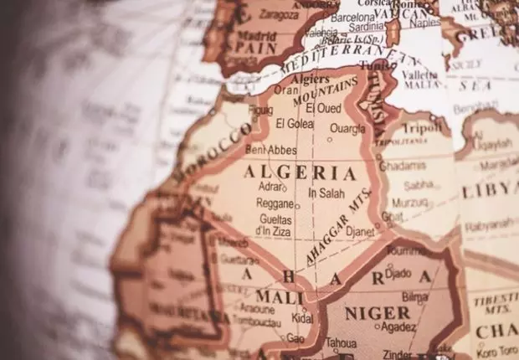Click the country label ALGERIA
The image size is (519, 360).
click(x=288, y=173)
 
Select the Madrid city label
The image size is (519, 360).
click(x=258, y=37)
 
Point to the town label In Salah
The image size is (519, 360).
click(x=326, y=193)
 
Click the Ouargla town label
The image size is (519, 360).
click(x=347, y=129)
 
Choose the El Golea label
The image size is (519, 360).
click(x=293, y=124)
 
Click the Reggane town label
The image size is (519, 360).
click(x=274, y=203)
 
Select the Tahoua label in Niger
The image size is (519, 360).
click(x=340, y=342)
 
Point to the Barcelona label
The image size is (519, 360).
click(x=352, y=16)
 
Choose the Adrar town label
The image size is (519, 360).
click(x=270, y=188)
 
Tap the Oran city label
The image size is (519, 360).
click(x=285, y=90)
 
